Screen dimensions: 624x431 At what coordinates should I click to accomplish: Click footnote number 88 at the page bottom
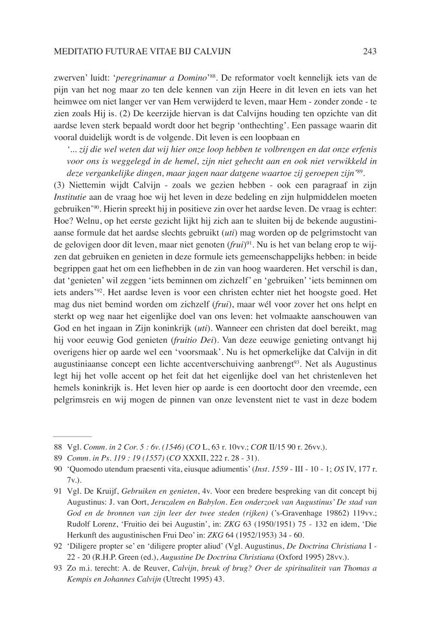57,448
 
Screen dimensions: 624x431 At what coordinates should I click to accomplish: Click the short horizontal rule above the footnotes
72,436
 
